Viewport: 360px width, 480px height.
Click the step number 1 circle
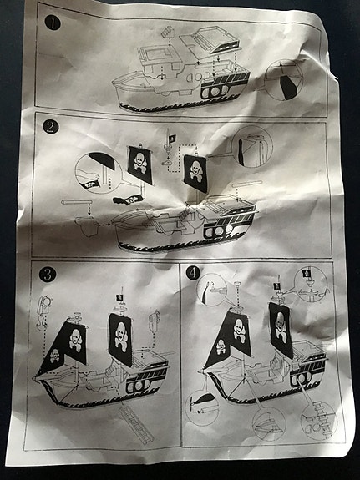pos(53,23)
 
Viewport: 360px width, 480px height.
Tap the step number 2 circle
pos(50,127)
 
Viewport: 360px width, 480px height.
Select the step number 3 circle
pos(48,275)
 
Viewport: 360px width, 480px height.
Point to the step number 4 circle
pos(193,273)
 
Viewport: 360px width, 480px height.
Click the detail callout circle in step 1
pos(283,80)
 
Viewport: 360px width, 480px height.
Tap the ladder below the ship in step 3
pos(137,425)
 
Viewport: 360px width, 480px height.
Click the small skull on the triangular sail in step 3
pos(54,356)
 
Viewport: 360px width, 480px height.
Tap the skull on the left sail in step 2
pos(139,163)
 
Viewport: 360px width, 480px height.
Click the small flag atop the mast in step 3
pos(119,296)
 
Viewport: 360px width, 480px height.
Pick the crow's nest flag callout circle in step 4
pos(311,284)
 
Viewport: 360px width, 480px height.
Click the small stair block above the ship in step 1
pos(168,33)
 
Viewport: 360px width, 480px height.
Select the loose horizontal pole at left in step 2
pos(77,202)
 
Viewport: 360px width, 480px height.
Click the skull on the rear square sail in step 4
pos(281,327)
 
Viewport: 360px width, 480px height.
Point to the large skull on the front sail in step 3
pos(75,339)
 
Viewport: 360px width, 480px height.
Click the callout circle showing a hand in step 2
pos(98,173)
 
